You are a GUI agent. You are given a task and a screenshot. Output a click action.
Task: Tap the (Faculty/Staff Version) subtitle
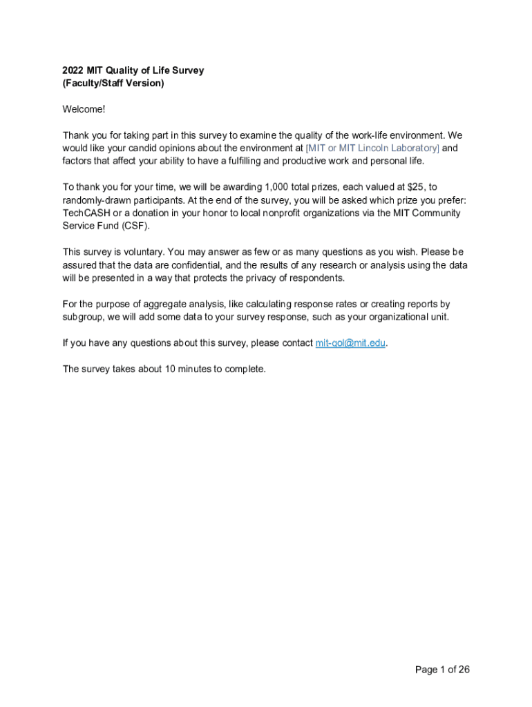coord(113,84)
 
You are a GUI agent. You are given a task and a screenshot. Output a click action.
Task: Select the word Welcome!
coord(84,109)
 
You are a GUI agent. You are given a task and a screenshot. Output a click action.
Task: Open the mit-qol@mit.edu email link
coord(350,343)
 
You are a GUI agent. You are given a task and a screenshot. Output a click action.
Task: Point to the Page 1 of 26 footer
coord(442,669)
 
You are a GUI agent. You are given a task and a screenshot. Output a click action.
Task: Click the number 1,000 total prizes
coord(279,187)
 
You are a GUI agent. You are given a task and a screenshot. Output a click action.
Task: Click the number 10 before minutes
coord(169,369)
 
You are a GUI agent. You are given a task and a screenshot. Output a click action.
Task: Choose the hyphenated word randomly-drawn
coord(95,200)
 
